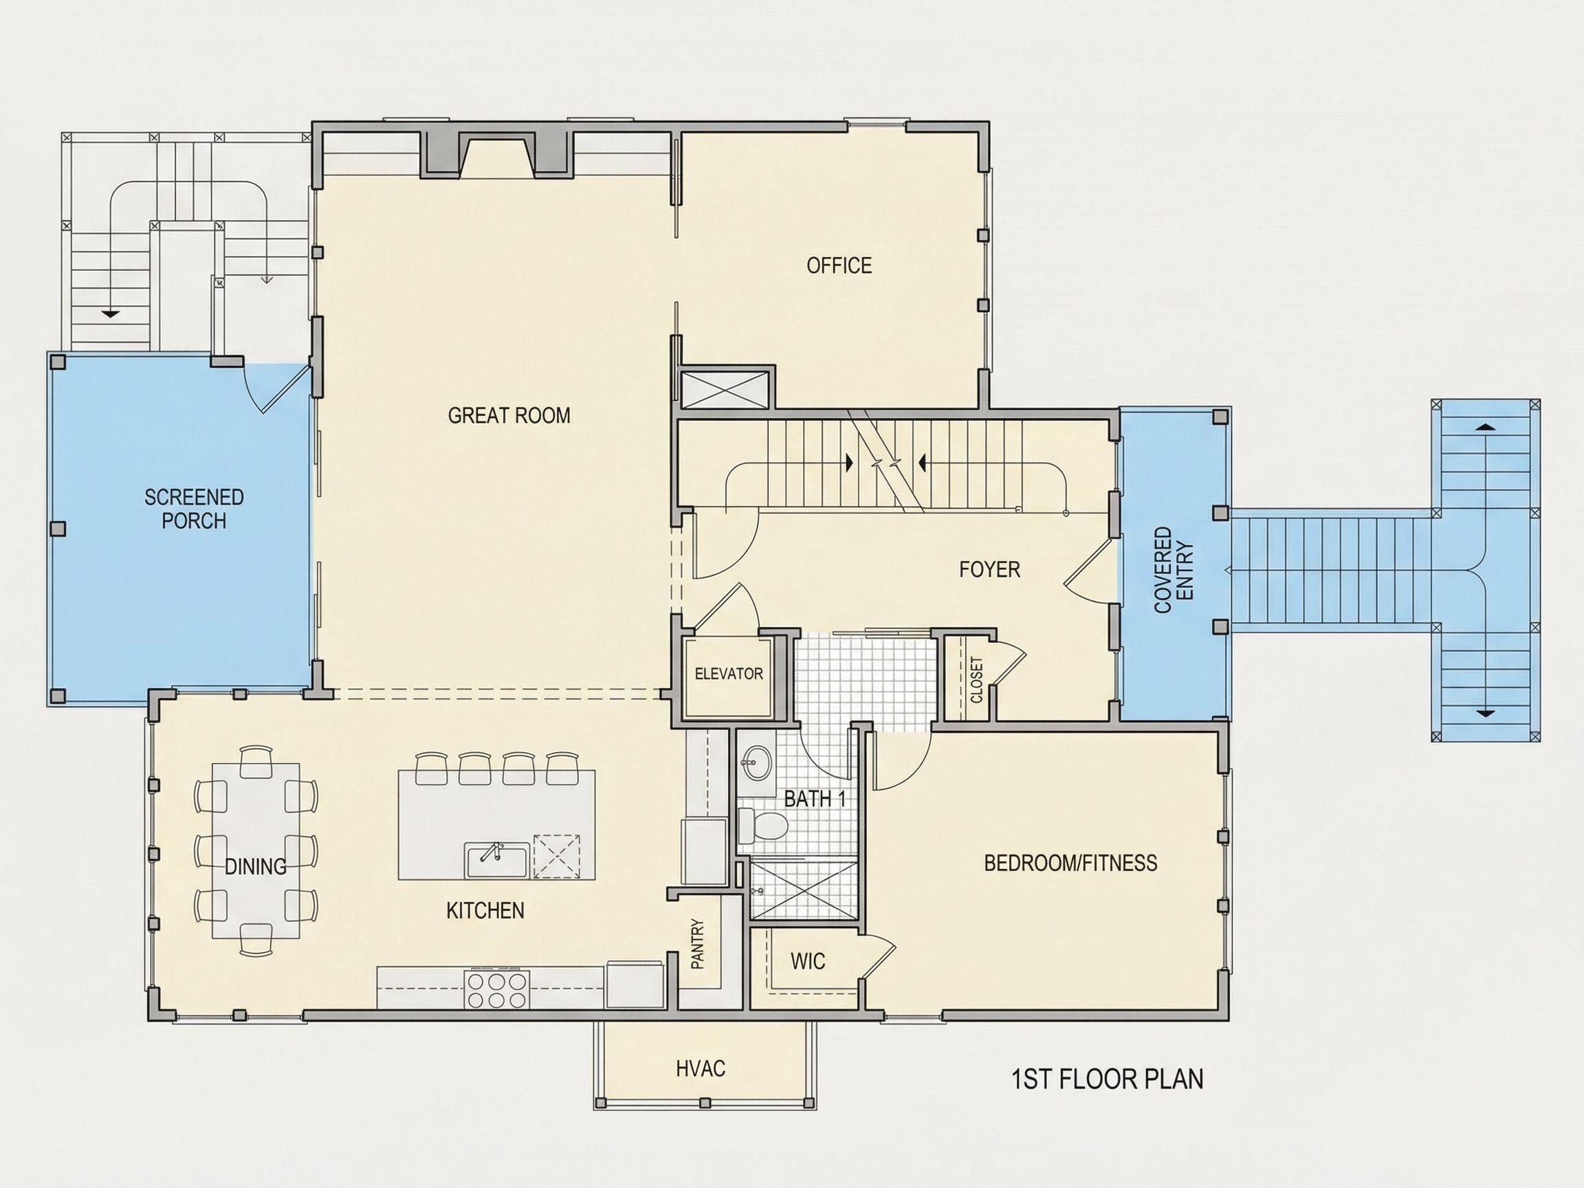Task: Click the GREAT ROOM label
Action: point(509,415)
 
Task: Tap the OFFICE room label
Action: point(839,265)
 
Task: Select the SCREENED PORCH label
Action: point(194,509)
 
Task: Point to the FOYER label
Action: point(989,569)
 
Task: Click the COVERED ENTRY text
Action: point(1174,570)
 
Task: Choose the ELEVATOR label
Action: point(729,674)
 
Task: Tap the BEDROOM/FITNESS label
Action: point(1070,863)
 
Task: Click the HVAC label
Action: point(701,1069)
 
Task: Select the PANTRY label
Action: point(698,944)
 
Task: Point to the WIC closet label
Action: point(808,961)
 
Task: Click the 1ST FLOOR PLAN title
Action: point(1107,1079)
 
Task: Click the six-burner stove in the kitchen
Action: point(496,989)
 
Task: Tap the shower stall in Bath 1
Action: point(803,888)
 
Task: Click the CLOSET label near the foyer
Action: point(977,679)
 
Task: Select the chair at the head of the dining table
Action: point(256,762)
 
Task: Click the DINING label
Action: point(256,866)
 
